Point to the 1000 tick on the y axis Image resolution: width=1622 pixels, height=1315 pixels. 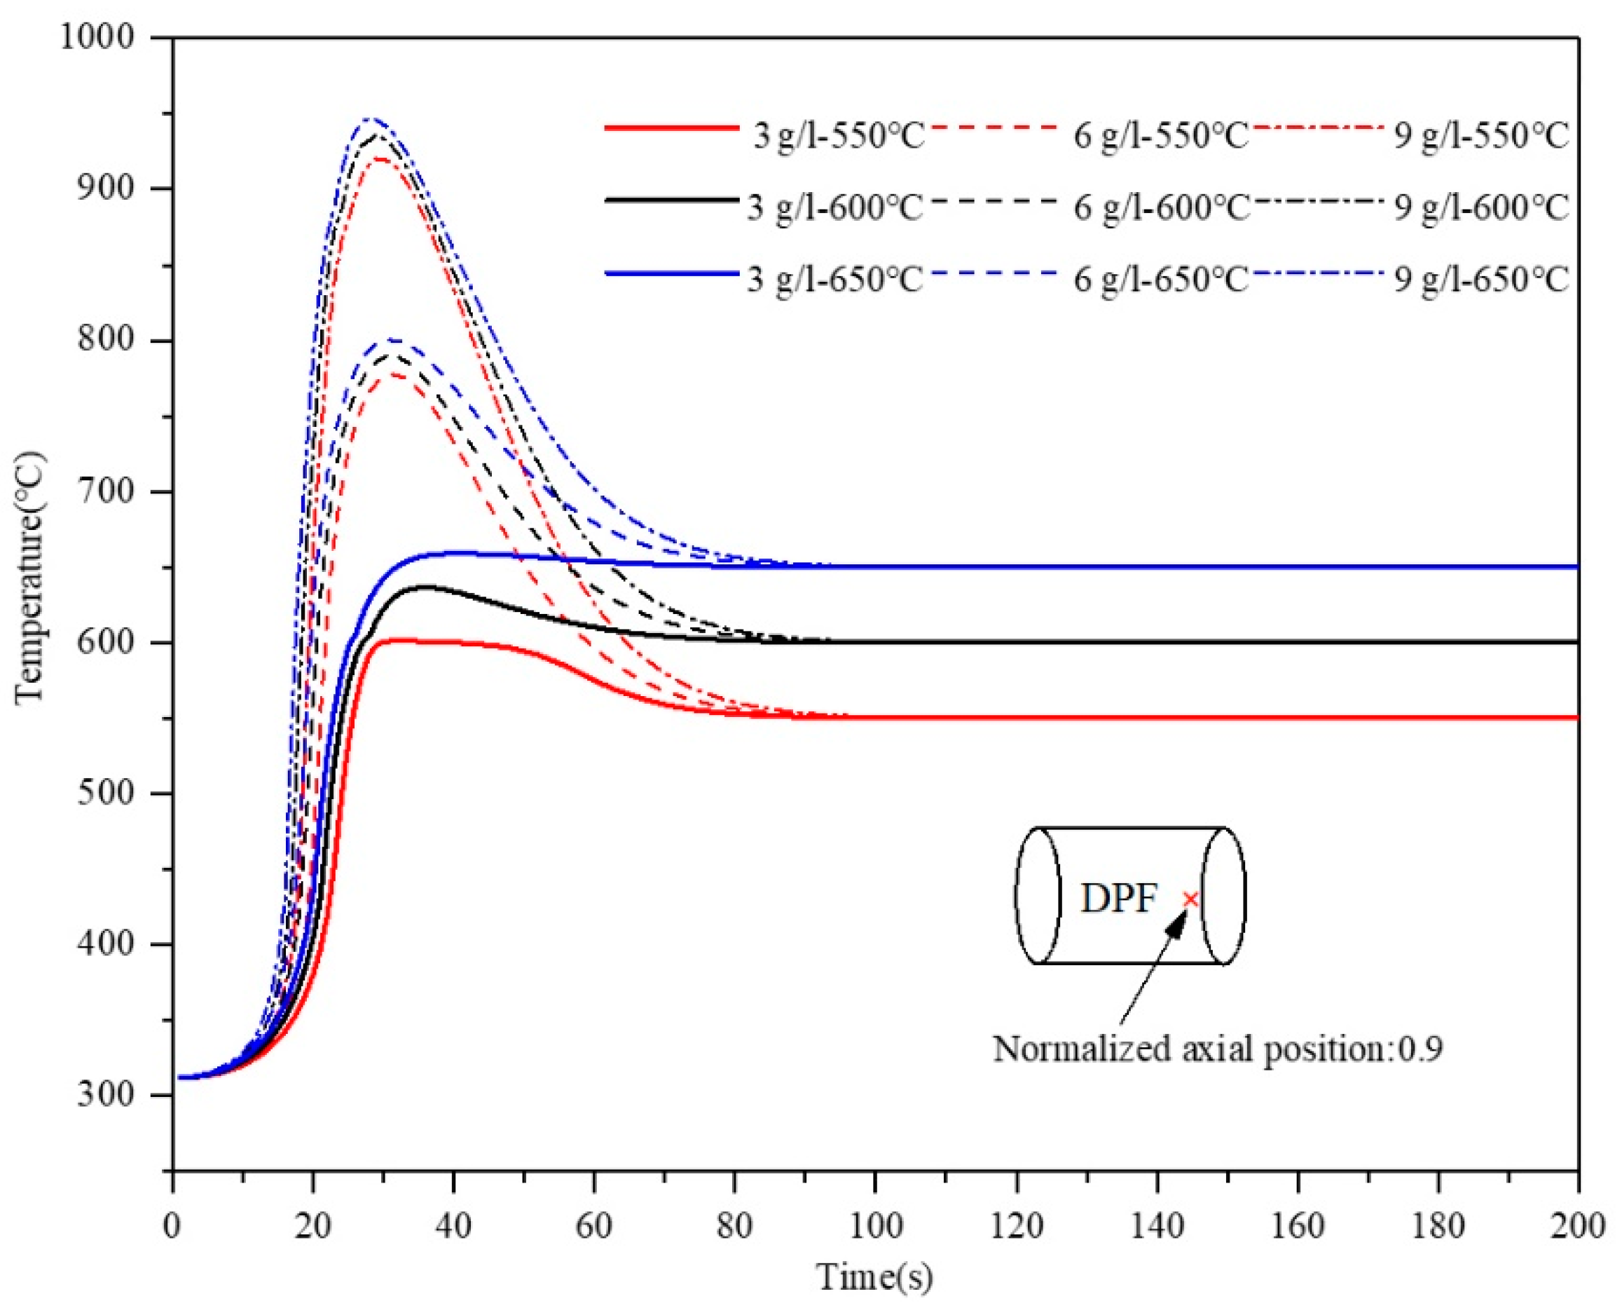coord(97,36)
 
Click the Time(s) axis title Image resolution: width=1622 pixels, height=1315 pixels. coord(874,1276)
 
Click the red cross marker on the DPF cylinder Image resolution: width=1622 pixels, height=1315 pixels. coord(1191,899)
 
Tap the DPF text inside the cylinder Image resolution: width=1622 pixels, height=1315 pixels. coord(1118,899)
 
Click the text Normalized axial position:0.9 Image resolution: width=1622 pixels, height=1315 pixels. coord(1217,1049)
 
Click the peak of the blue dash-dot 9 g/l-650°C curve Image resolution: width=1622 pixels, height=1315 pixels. coord(369,119)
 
